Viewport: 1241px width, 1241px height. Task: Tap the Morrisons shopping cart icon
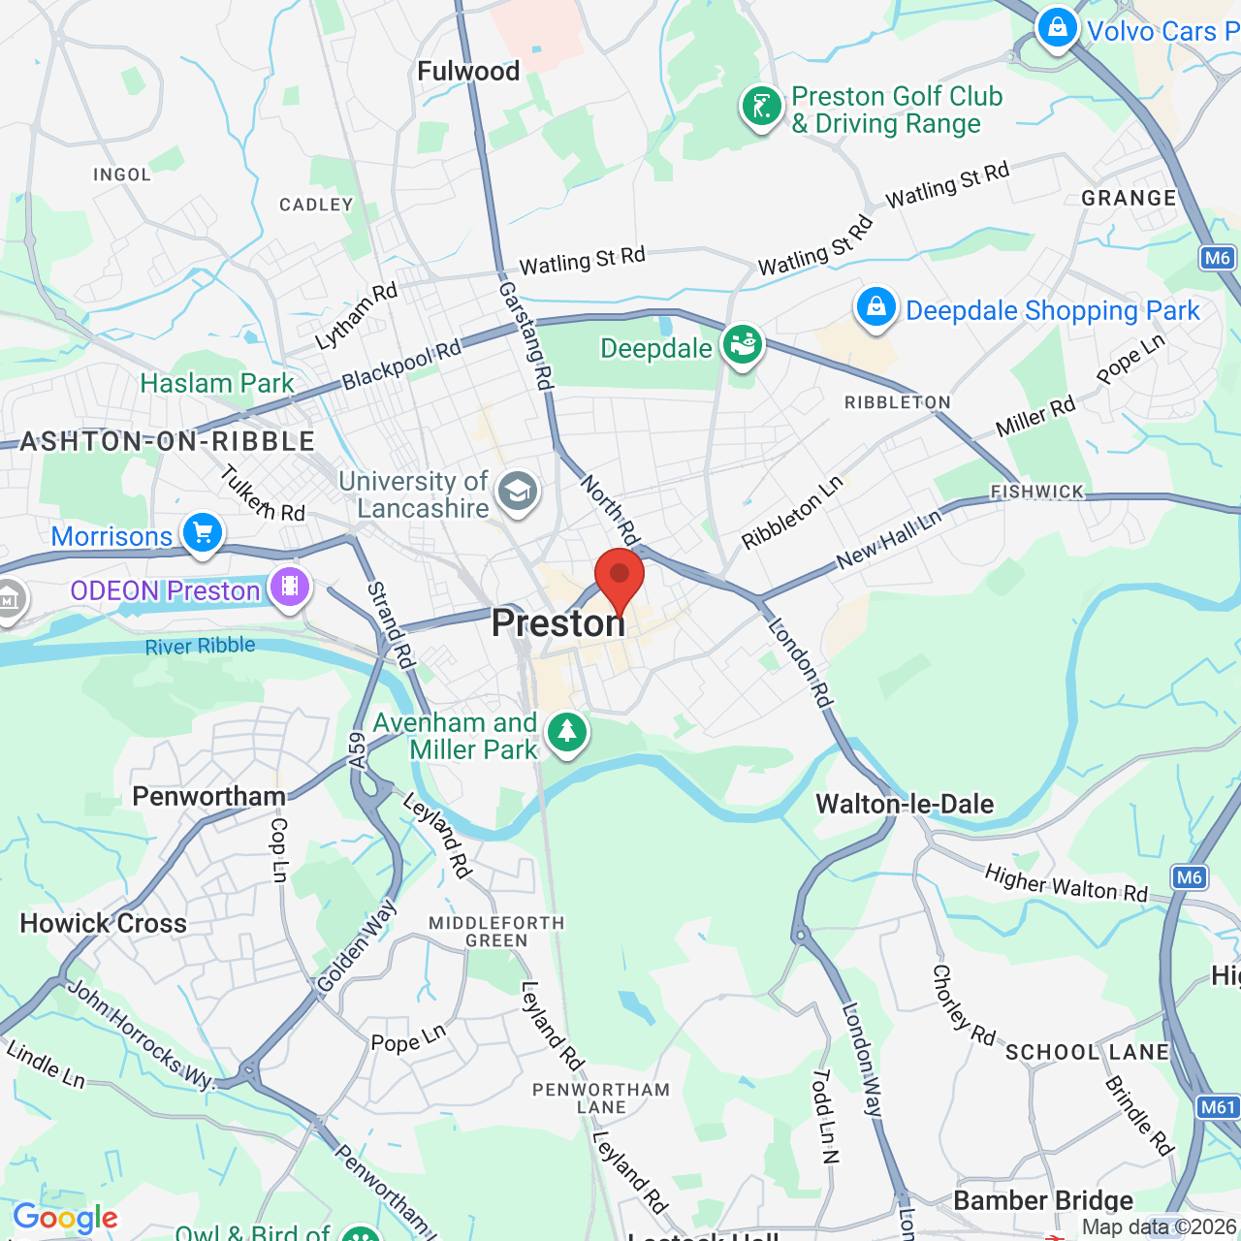pyautogui.click(x=203, y=532)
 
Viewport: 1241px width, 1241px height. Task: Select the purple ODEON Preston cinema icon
pyautogui.click(x=290, y=587)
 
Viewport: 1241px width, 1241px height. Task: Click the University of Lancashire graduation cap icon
pyautogui.click(x=518, y=492)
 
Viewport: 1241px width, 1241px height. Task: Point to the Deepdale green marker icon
pyautogui.click(x=743, y=345)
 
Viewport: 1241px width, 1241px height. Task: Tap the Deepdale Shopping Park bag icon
pyautogui.click(x=875, y=307)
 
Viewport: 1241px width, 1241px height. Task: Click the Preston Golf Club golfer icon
pyautogui.click(x=762, y=107)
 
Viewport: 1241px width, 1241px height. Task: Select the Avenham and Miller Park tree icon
pyautogui.click(x=567, y=732)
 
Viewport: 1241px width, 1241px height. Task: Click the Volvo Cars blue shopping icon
pyautogui.click(x=1057, y=27)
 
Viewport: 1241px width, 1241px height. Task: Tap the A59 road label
pyautogui.click(x=357, y=750)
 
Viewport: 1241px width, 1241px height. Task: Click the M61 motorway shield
pyautogui.click(x=1218, y=1107)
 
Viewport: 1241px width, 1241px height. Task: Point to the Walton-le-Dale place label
pyautogui.click(x=905, y=804)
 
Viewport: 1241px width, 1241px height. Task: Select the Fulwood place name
pyautogui.click(x=468, y=71)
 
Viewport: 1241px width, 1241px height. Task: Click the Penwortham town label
pyautogui.click(x=208, y=796)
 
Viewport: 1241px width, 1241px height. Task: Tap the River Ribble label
pyautogui.click(x=200, y=647)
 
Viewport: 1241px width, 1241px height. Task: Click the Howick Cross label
pyautogui.click(x=104, y=923)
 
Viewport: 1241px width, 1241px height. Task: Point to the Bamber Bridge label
pyautogui.click(x=1043, y=1200)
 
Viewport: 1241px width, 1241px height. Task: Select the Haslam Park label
pyautogui.click(x=217, y=383)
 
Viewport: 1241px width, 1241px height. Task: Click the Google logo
pyautogui.click(x=65, y=1218)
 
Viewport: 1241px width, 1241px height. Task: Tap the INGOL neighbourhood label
pyautogui.click(x=122, y=175)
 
